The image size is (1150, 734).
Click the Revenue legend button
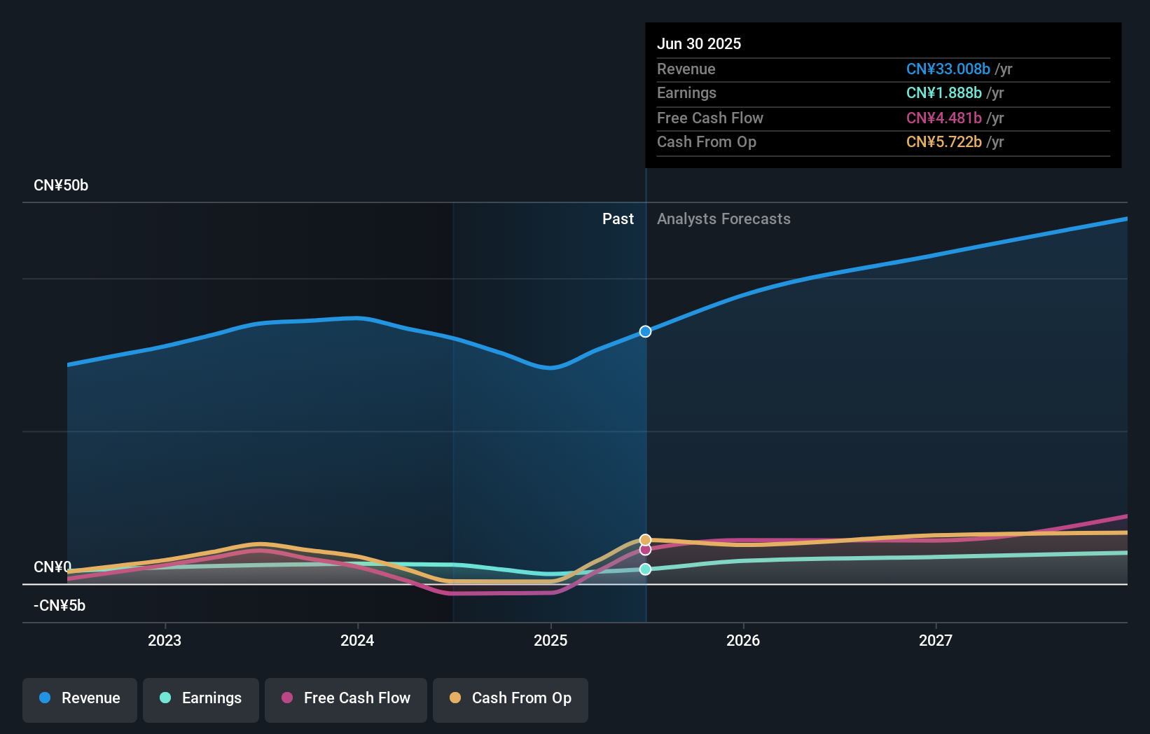click(80, 699)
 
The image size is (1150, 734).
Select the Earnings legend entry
click(201, 699)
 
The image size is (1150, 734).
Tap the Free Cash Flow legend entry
click(346, 699)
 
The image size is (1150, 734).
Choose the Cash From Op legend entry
click(511, 699)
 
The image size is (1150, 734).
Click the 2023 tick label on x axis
click(165, 640)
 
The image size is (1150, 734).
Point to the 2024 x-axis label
click(357, 640)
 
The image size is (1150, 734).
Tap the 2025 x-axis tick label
click(550, 640)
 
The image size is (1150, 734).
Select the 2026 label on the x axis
click(743, 640)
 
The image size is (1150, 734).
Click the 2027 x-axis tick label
click(936, 640)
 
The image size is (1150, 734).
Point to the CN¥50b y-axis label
click(61, 186)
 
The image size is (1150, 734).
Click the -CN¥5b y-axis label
click(60, 606)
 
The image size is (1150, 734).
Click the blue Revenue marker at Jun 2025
click(645, 331)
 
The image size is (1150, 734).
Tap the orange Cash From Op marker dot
click(645, 540)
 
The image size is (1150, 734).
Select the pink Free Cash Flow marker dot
click(645, 550)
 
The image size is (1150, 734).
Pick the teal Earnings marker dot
click(645, 569)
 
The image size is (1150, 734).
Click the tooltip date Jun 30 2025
click(699, 43)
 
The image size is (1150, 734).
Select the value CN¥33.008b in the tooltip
click(948, 69)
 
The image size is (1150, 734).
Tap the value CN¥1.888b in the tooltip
click(943, 93)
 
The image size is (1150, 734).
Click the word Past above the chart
click(618, 219)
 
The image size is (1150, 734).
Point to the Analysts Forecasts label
click(723, 219)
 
